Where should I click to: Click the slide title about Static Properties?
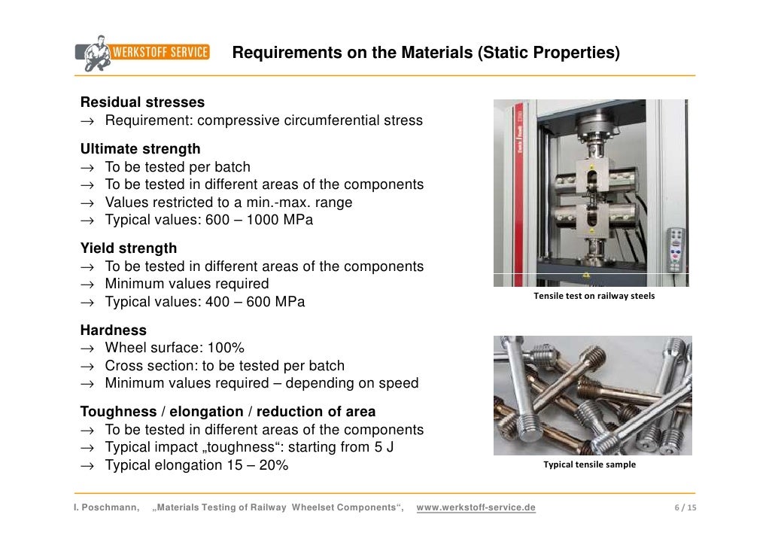426,53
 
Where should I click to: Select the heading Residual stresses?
142,102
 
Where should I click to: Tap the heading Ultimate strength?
141,149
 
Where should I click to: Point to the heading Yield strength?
129,248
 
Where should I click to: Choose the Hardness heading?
114,330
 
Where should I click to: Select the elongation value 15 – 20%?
258,465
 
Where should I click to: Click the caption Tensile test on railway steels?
594,296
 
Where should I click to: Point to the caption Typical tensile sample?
590,464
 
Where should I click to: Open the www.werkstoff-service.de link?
476,507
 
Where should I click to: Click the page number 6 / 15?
685,507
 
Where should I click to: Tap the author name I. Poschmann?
106,507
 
